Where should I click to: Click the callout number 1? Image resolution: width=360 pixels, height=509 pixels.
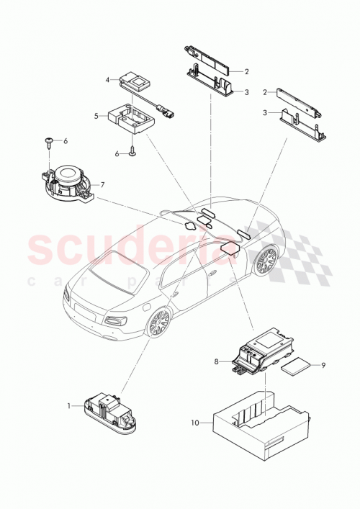coord(71,406)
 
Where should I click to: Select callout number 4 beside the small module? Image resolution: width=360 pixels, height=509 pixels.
coord(107,80)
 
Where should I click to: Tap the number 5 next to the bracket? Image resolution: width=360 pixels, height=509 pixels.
coord(96,115)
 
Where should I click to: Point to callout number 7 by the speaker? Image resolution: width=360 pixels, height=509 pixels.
coord(102,185)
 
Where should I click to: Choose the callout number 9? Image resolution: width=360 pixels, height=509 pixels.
coord(323,365)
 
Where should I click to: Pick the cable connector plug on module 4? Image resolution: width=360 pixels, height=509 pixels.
coord(169,112)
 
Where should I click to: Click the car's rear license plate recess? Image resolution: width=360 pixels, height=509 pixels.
coord(84,310)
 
